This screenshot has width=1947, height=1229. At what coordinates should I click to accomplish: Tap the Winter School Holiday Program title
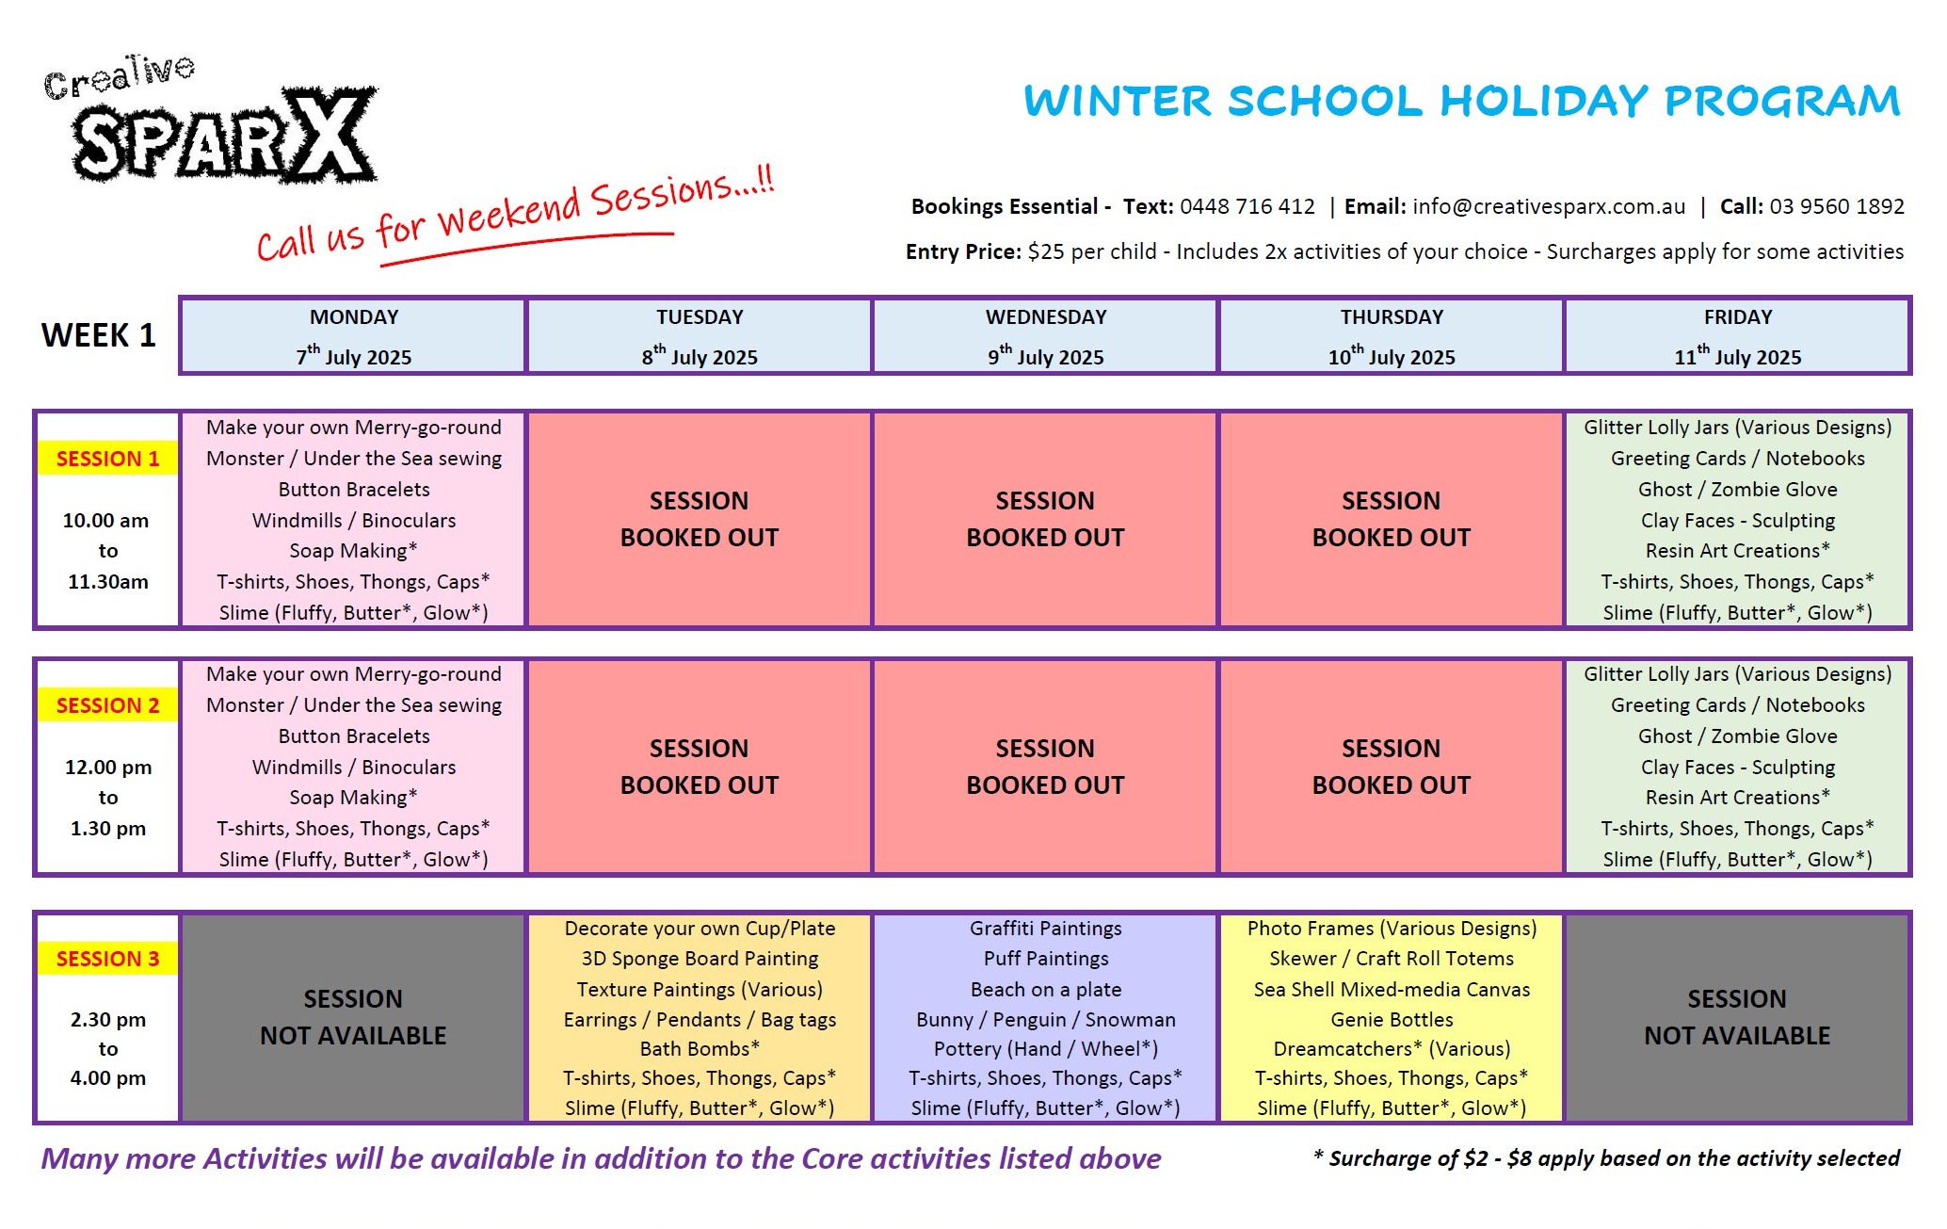(1462, 101)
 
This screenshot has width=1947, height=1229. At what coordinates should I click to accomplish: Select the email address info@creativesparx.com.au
(1549, 206)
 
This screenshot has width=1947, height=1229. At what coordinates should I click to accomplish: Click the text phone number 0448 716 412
(1247, 206)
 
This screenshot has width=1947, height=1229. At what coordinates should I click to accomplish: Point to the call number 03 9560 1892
(1837, 206)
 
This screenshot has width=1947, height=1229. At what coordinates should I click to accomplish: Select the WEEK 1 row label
(99, 335)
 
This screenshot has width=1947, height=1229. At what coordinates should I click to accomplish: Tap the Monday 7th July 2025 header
(354, 336)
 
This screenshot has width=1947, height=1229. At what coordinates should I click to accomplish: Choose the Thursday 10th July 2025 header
(1392, 336)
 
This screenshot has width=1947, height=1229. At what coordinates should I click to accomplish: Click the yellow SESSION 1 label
(107, 459)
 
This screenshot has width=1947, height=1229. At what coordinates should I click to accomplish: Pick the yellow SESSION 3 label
(107, 959)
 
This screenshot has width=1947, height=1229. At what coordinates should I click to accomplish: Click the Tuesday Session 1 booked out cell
(700, 519)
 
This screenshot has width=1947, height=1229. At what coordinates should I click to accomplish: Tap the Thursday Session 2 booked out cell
(1392, 767)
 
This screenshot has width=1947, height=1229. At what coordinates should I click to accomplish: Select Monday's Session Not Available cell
(353, 1017)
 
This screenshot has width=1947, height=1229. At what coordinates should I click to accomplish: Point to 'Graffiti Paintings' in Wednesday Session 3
(1046, 929)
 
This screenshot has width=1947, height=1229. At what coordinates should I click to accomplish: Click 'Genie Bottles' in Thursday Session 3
(1392, 1020)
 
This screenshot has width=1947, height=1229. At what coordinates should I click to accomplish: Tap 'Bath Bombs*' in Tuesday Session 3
(700, 1049)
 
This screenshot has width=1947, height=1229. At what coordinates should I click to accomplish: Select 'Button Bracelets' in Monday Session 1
(354, 490)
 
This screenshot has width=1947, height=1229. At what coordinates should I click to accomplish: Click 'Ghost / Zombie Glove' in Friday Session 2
(1738, 736)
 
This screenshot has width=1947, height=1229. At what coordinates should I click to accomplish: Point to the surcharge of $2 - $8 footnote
(1606, 1158)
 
